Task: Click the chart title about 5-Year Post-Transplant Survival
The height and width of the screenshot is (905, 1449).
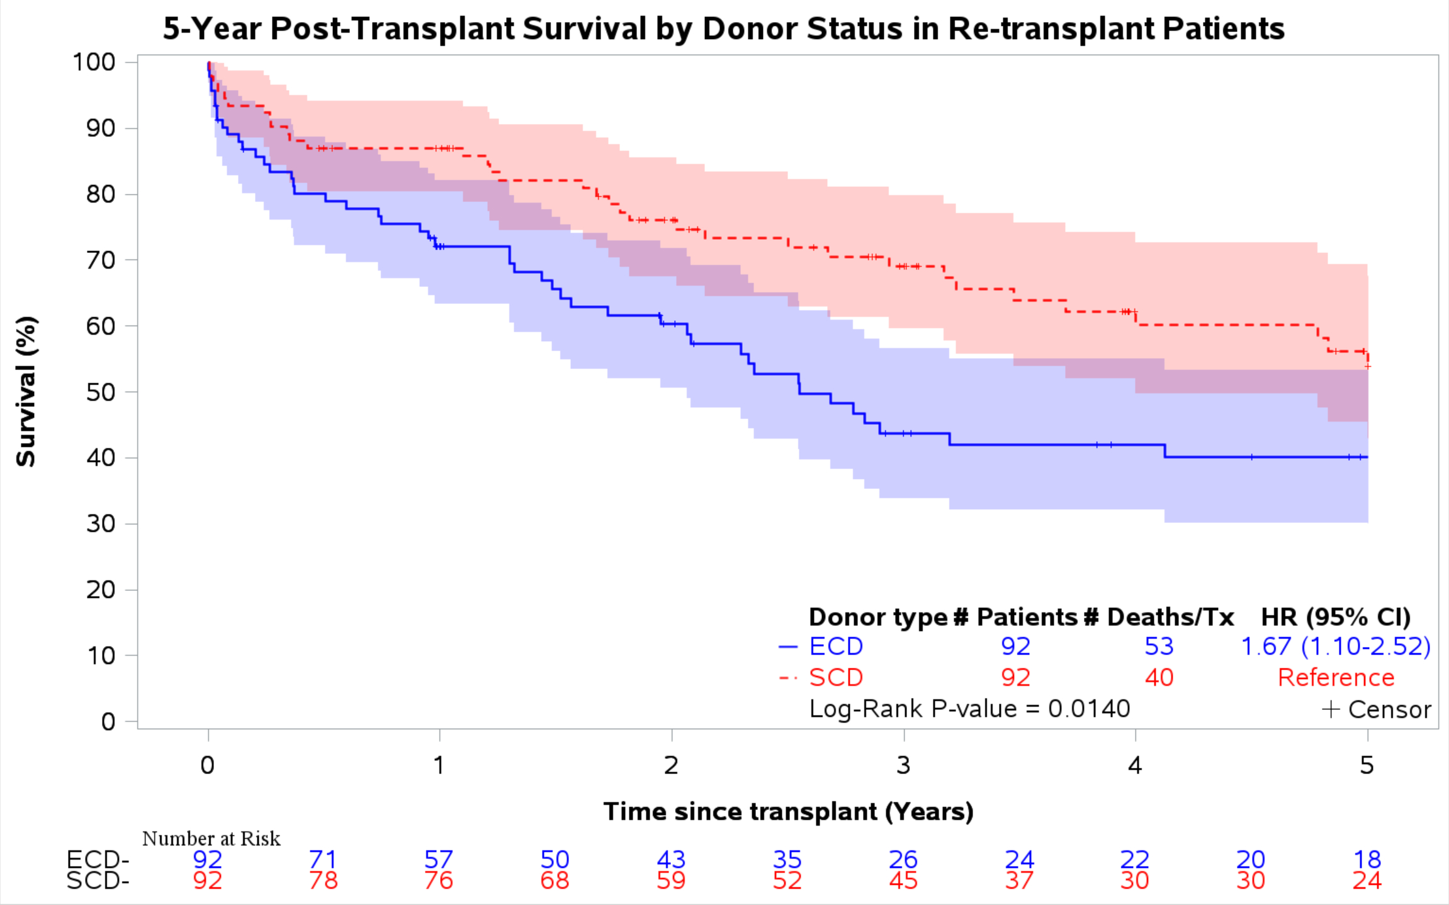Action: coord(724,29)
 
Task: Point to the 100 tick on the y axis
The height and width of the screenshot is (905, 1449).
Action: coord(94,62)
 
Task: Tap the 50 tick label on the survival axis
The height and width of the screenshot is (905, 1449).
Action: coord(101,392)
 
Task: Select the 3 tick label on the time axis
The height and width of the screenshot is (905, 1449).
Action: coord(903,765)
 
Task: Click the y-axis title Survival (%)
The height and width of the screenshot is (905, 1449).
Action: coord(26,391)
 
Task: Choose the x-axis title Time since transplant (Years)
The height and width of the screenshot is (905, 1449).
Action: coord(788,811)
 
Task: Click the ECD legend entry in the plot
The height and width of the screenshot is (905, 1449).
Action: coord(835,646)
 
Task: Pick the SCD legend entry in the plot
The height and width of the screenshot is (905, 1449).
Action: coord(835,678)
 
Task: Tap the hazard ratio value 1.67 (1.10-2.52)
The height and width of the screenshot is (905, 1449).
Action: coord(1335,646)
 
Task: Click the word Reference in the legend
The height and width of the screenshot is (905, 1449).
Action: coord(1336,678)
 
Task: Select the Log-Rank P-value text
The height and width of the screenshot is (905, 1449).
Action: coord(969,709)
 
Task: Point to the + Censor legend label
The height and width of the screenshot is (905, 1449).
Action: coord(1377,709)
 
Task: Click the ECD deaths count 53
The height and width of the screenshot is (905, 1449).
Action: coord(1159,646)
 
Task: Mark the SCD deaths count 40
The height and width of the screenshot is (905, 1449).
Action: coord(1159,678)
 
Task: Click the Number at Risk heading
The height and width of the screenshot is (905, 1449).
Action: coord(211,838)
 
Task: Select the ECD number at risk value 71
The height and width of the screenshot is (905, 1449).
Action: coord(323,859)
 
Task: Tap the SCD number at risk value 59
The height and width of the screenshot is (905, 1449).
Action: coord(671,880)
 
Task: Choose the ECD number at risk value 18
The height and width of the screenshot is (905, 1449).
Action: coord(1367,859)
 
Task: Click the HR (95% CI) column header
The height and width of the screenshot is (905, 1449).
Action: coord(1336,617)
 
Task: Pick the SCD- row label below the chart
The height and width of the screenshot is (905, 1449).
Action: coord(98,880)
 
